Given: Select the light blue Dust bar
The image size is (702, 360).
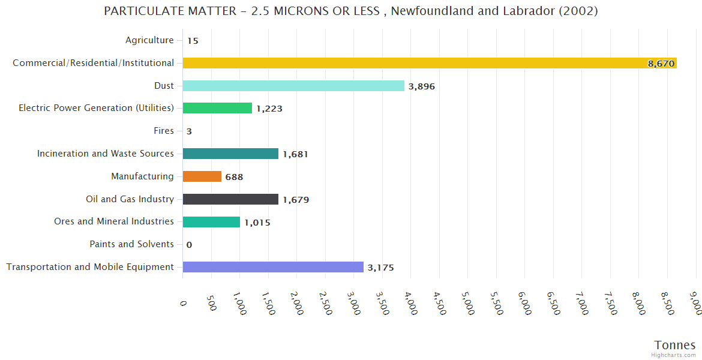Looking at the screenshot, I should pyautogui.click(x=293, y=86).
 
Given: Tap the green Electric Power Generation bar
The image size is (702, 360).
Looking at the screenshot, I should pyautogui.click(x=217, y=108).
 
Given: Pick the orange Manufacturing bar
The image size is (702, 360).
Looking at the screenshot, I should pyautogui.click(x=202, y=176).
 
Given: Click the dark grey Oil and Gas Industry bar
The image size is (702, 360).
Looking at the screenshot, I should pyautogui.click(x=230, y=199).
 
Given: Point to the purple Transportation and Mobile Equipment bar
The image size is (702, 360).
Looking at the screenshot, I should pyautogui.click(x=273, y=267).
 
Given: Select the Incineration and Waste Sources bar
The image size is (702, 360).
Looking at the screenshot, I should pyautogui.click(x=230, y=154).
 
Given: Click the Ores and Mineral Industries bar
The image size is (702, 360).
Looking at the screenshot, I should pyautogui.click(x=211, y=222).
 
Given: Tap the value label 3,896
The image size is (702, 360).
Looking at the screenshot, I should pyautogui.click(x=422, y=86).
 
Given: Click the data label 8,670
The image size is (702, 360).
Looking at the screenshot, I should pyautogui.click(x=661, y=64).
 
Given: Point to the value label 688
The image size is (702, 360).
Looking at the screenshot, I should pyautogui.click(x=234, y=177).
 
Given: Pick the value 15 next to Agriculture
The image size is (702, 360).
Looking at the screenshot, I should pyautogui.click(x=193, y=41).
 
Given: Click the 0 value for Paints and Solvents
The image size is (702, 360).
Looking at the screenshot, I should pyautogui.click(x=189, y=245).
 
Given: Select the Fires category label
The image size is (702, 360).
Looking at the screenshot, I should pyautogui.click(x=164, y=131).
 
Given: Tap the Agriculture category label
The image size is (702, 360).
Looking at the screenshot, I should pyautogui.click(x=149, y=40).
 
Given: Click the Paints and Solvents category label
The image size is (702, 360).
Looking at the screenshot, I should pyautogui.click(x=131, y=244).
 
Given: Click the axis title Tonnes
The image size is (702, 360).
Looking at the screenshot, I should pyautogui.click(x=675, y=345).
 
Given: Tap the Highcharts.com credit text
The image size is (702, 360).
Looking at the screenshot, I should pyautogui.click(x=674, y=355).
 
